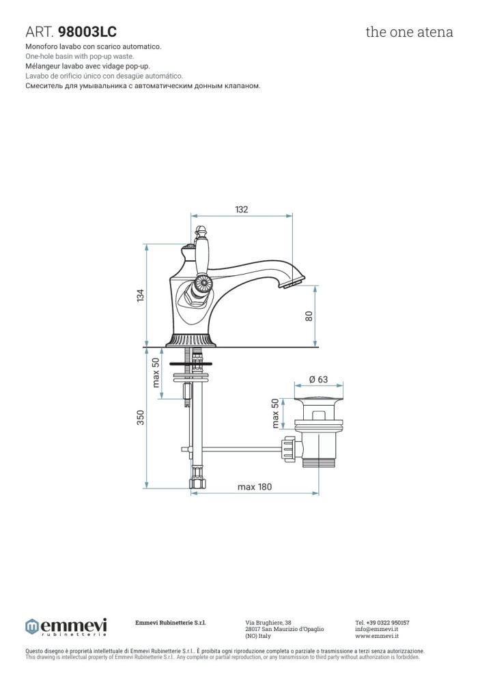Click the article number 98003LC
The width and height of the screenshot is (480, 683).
coord(87,32)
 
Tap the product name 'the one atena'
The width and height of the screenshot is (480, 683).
coord(409,32)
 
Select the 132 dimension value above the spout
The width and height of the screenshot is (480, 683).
coord(241,209)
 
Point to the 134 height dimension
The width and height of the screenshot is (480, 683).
coord(140,295)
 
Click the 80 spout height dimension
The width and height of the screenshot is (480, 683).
coord(309,316)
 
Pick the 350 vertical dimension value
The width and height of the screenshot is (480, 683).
coord(140,417)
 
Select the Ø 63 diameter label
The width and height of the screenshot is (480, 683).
coord(318,379)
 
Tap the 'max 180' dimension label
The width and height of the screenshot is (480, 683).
coord(255,486)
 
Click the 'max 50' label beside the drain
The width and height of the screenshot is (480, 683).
coord(275,413)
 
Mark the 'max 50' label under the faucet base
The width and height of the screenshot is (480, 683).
coord(156,372)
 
